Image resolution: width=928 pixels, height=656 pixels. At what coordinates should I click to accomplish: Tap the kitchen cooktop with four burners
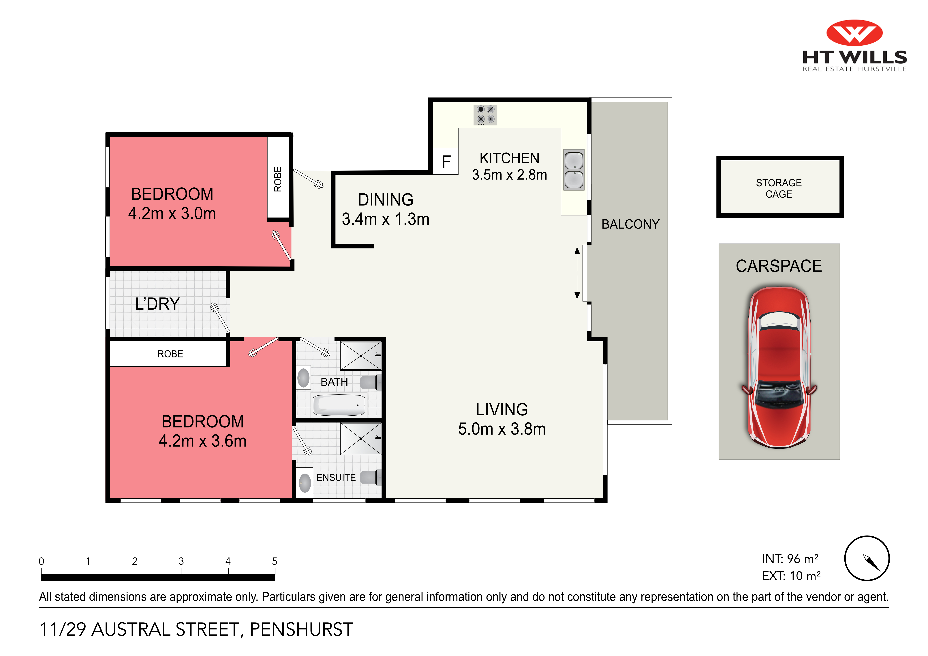coord(485,115)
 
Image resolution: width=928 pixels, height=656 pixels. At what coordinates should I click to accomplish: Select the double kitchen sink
coord(574,170)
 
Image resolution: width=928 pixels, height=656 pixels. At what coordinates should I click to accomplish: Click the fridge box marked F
coord(445,162)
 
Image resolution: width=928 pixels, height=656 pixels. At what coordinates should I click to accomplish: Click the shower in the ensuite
coord(360,439)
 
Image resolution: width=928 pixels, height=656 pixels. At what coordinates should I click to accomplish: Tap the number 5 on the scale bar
coord(275,561)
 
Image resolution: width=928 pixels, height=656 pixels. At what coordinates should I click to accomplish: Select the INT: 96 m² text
coord(790,559)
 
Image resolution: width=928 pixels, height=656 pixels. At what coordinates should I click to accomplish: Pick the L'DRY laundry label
coord(157,304)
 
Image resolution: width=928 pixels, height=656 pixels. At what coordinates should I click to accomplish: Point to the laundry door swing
coord(220,318)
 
